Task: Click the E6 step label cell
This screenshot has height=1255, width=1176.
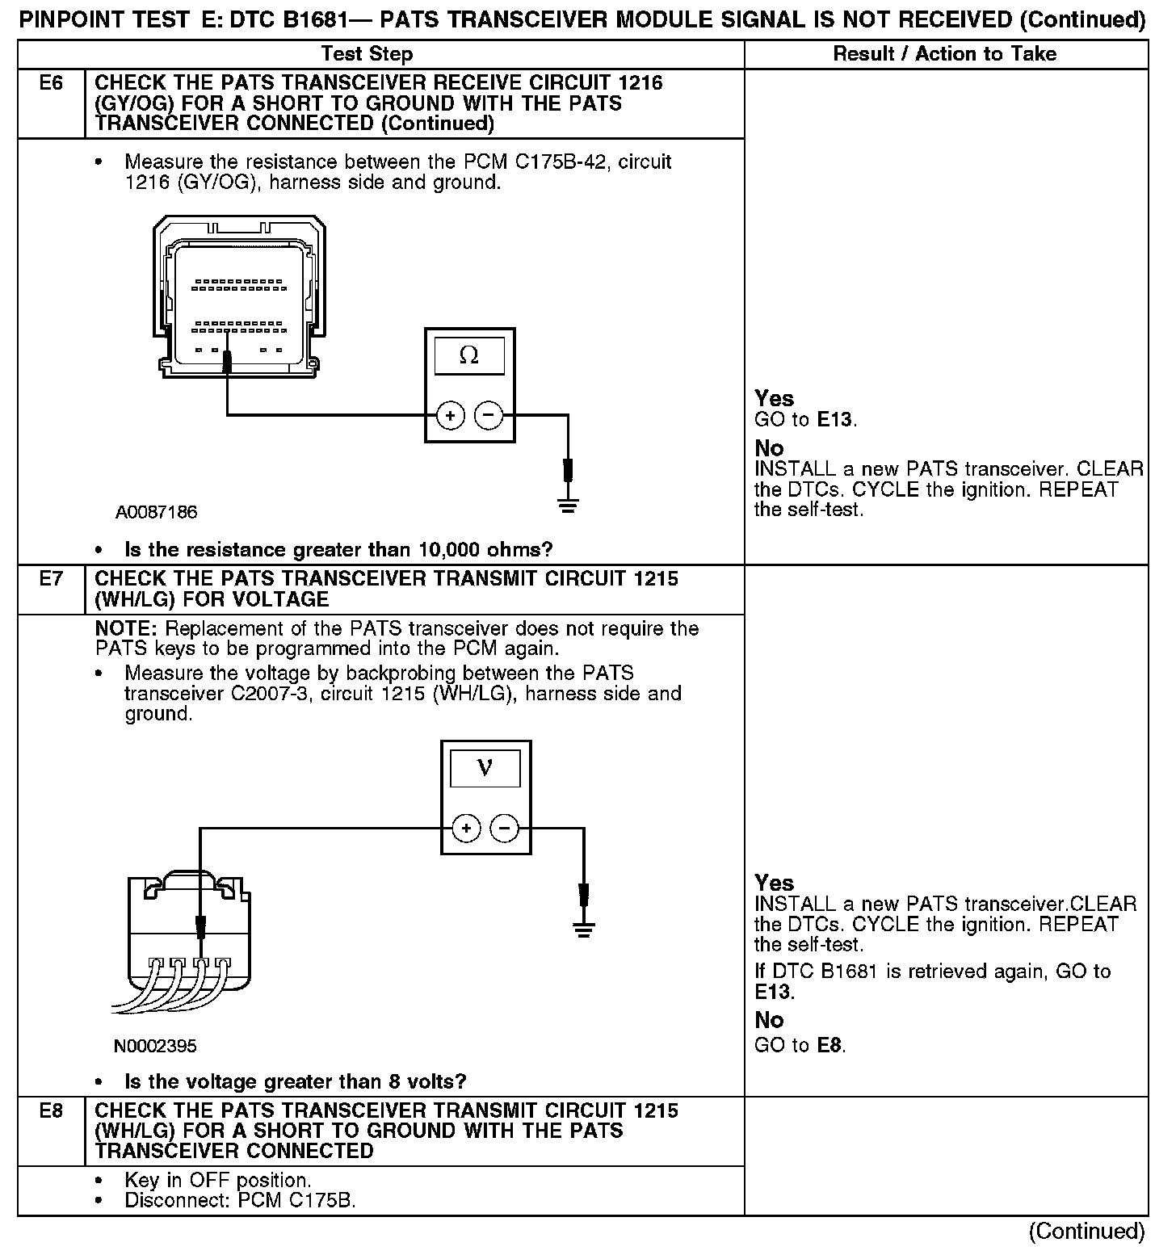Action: point(51,83)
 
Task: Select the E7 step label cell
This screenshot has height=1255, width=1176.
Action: point(51,579)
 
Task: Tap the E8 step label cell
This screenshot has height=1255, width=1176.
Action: point(51,1111)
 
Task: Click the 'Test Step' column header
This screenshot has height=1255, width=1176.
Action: point(367,54)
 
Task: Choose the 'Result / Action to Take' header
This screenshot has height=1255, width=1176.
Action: point(944,54)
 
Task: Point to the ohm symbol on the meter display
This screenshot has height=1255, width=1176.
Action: point(468,355)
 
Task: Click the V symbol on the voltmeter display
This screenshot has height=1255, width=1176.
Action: point(485,767)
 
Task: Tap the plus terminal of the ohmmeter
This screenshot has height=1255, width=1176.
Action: point(450,416)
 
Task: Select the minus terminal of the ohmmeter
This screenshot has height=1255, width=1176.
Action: point(488,416)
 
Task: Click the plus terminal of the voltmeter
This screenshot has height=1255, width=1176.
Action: point(466,829)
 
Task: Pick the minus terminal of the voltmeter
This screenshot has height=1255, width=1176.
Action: point(505,829)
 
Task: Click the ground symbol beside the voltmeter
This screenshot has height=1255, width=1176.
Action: point(583,929)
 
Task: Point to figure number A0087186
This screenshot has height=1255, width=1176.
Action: point(156,513)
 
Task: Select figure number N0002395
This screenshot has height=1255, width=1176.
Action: point(155,1047)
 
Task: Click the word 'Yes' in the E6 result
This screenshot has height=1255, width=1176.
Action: point(774,398)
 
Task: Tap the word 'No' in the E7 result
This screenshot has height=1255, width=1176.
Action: point(769,1020)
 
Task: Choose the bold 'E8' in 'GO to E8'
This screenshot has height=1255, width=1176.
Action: point(830,1046)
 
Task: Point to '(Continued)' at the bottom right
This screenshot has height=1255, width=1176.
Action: point(1086,1232)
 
